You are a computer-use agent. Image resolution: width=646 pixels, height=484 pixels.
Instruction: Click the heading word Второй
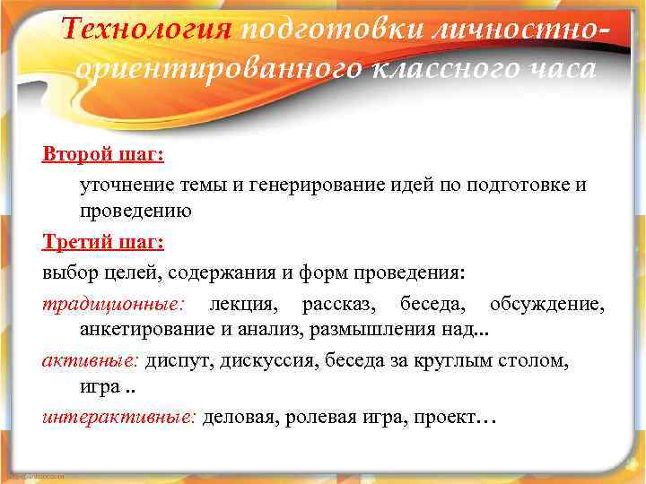point(70,153)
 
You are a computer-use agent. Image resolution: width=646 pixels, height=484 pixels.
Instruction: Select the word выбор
point(68,272)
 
